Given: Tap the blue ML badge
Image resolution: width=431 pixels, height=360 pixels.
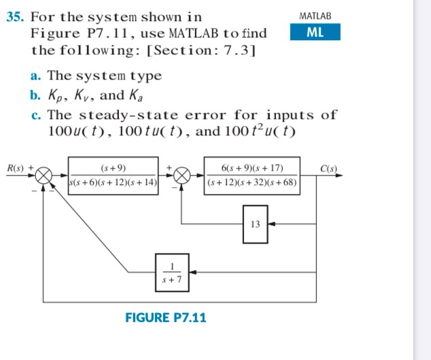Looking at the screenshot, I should (315, 32).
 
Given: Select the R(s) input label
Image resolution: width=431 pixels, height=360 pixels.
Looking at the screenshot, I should (16, 167).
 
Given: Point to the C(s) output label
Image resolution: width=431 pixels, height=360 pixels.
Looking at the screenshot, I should (330, 167).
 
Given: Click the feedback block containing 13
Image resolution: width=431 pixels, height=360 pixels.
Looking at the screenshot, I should (255, 223).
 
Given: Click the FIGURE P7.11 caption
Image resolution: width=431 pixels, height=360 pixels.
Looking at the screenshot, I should (166, 317).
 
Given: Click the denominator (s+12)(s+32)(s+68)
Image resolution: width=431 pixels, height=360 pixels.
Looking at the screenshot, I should (252, 183).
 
